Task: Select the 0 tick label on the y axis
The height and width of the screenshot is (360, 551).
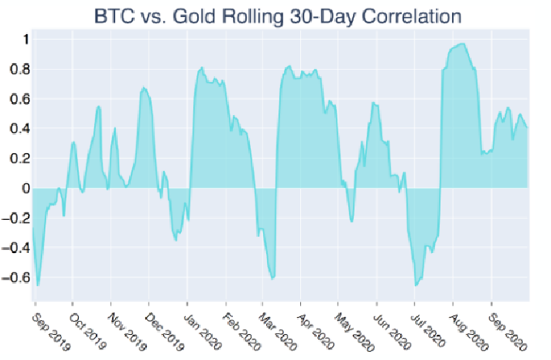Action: (x=26, y=188)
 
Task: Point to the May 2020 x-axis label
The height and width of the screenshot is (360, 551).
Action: (x=354, y=324)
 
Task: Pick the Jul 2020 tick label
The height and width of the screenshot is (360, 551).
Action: (x=430, y=324)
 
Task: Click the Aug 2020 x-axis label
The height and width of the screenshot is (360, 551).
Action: (x=468, y=324)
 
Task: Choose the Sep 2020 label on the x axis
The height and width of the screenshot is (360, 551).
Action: (x=506, y=324)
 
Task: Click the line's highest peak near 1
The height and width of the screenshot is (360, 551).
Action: (x=462, y=44)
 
